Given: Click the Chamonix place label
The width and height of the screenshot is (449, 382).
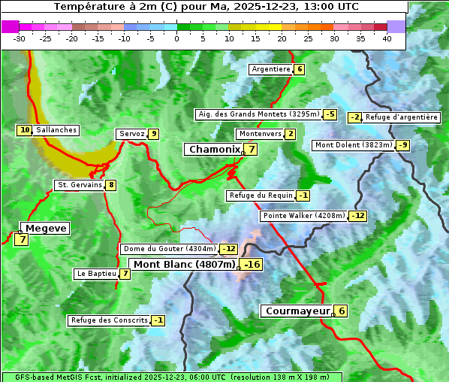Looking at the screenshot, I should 214,150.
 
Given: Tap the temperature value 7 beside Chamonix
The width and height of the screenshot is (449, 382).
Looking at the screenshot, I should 252,150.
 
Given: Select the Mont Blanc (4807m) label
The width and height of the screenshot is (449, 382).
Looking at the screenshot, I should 184,265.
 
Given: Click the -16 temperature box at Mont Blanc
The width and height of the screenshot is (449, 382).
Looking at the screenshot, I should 251,265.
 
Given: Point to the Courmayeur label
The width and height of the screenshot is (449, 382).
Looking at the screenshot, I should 297,311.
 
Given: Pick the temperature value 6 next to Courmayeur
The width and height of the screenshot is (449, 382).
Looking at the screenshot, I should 341,311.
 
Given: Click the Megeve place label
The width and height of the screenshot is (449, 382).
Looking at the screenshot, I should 46,229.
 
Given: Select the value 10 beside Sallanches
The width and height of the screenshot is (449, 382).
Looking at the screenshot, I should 25,130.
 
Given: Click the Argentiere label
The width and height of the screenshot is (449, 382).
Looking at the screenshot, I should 271,69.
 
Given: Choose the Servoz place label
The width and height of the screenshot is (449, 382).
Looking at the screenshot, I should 131,134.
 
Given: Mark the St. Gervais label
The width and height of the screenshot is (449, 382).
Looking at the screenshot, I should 79,185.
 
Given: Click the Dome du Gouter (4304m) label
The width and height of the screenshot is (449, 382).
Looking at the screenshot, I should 169,249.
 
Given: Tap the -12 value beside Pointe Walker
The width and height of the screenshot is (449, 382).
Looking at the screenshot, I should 358,216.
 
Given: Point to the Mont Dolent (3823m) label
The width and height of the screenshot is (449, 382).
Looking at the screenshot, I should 354,145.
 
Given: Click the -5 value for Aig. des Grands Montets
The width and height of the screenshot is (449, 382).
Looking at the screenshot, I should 330,114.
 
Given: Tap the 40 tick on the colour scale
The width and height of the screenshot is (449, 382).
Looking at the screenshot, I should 387,38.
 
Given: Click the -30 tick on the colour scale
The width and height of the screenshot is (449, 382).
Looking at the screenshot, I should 20,38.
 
